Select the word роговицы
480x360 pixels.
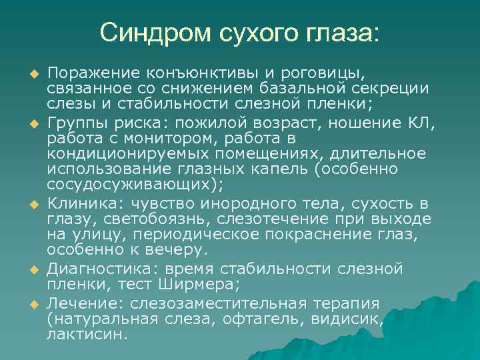coord(333,72)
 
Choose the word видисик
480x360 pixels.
coord(349,319)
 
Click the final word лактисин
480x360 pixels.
coord(86,335)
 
